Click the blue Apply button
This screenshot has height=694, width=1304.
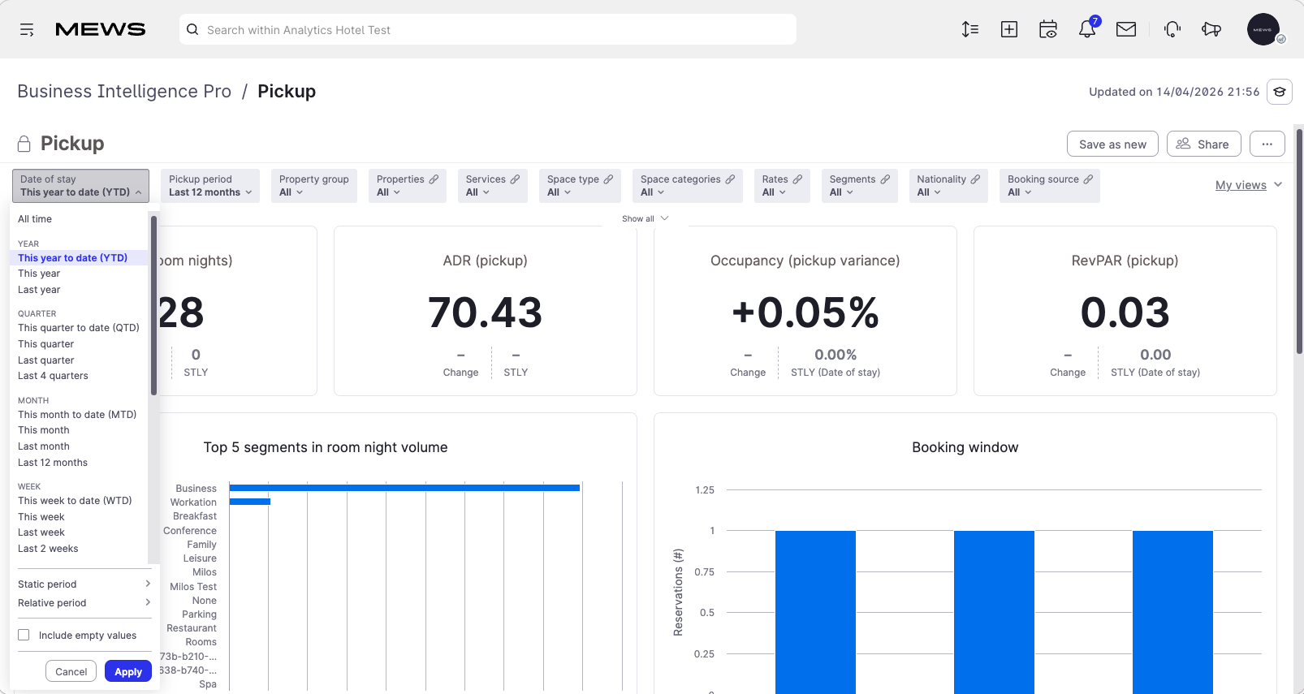click(128, 671)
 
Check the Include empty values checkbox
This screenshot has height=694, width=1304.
click(24, 635)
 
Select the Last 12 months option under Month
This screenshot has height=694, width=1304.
click(53, 463)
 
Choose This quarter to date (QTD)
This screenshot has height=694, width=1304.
click(79, 327)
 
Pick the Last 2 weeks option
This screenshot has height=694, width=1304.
click(48, 548)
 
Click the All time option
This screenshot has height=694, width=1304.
click(35, 218)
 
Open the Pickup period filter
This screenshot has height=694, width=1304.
click(210, 186)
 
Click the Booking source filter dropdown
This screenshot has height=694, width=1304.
click(1050, 186)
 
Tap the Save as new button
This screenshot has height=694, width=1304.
click(1112, 144)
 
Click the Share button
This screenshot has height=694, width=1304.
click(1204, 144)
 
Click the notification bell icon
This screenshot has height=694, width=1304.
click(1087, 29)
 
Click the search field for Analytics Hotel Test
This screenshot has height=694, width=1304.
click(488, 30)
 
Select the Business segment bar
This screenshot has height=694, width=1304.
click(404, 488)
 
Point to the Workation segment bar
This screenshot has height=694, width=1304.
click(250, 502)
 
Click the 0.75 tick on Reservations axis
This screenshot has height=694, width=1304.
click(704, 571)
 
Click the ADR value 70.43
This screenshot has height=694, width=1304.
click(485, 313)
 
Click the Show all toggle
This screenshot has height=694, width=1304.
click(645, 218)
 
